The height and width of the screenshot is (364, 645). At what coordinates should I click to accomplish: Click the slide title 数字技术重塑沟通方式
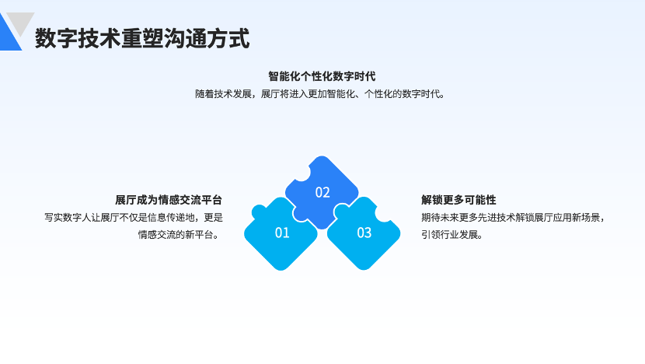pyautogui.click(x=142, y=38)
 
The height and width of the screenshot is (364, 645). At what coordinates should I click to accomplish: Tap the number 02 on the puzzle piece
pyautogui.click(x=322, y=192)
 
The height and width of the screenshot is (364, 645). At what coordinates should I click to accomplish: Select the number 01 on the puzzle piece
pyautogui.click(x=282, y=233)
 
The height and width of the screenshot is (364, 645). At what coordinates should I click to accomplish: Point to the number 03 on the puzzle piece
pyautogui.click(x=364, y=233)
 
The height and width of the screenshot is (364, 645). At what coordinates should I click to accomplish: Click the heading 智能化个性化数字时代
pyautogui.click(x=322, y=76)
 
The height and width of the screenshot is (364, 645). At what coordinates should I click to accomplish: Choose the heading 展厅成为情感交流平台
pyautogui.click(x=169, y=200)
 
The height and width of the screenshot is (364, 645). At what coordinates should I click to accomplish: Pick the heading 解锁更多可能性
pyautogui.click(x=458, y=200)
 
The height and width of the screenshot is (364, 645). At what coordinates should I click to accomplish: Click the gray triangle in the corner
pyautogui.click(x=20, y=22)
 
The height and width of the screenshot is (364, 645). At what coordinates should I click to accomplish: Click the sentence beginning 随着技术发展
pyautogui.click(x=320, y=94)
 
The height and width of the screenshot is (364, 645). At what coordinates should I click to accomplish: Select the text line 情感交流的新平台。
pyautogui.click(x=180, y=235)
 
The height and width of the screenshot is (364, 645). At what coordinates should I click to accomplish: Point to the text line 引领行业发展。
pyautogui.click(x=452, y=235)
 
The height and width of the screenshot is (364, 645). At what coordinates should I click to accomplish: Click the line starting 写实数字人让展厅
pyautogui.click(x=134, y=218)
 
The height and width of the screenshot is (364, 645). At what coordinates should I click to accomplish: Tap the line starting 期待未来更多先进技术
pyautogui.click(x=513, y=218)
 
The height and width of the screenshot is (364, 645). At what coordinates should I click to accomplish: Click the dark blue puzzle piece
pyautogui.click(x=322, y=191)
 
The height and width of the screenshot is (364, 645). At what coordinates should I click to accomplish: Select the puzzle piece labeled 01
pyautogui.click(x=281, y=235)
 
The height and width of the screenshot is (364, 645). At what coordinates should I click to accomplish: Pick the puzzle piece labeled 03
pyautogui.click(x=364, y=235)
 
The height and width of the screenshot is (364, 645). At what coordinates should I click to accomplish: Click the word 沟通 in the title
pyautogui.click(x=185, y=38)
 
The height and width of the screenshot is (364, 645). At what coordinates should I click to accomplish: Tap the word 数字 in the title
pyautogui.click(x=57, y=38)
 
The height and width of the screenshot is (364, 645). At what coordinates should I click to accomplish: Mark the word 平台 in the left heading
pyautogui.click(x=212, y=200)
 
